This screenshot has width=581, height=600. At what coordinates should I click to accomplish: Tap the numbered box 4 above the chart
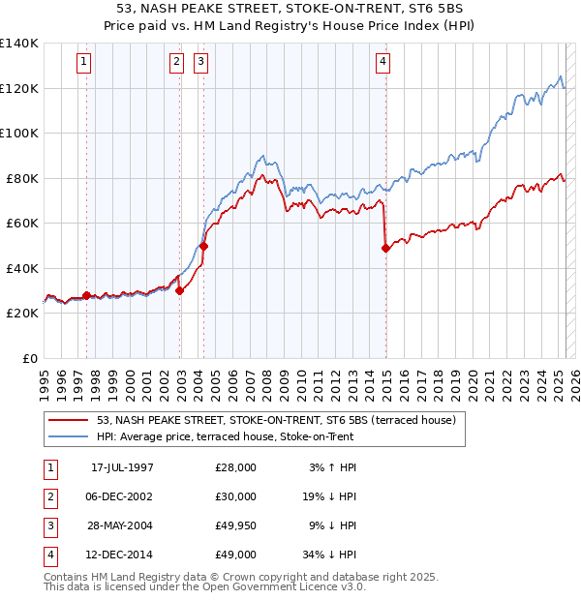383,62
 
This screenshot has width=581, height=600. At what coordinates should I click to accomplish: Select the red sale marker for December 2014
385,248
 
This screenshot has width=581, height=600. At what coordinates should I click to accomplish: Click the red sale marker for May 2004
204,246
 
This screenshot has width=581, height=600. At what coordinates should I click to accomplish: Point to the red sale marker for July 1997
86,295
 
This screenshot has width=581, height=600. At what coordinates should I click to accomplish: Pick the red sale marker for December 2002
179,290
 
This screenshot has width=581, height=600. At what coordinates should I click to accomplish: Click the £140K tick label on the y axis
19,43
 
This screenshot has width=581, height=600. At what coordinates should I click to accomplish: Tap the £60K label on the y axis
22,223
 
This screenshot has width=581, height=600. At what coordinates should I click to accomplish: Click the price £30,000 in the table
236,496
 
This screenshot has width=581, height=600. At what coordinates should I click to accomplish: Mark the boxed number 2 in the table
48,496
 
